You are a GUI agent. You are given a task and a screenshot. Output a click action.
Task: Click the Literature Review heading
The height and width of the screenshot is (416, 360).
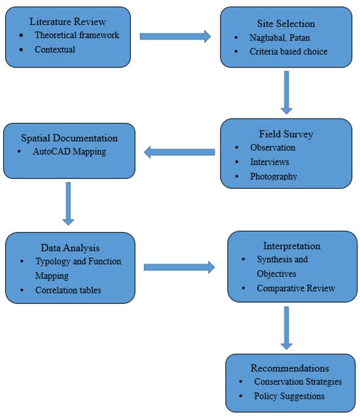point(68,22)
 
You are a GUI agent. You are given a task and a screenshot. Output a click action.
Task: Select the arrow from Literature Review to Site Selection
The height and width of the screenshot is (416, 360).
point(175,36)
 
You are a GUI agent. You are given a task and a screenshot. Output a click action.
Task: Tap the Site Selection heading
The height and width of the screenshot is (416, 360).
point(286,24)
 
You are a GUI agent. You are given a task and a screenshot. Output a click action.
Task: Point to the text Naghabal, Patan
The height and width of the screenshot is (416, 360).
point(279,38)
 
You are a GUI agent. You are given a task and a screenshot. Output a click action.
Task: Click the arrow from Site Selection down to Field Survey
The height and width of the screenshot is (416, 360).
point(286,92)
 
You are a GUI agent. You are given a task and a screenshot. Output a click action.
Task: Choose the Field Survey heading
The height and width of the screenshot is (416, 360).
point(286,134)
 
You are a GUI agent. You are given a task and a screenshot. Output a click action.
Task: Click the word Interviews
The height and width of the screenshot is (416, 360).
point(270,162)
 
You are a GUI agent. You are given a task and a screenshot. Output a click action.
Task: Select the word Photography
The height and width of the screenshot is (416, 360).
point(274,176)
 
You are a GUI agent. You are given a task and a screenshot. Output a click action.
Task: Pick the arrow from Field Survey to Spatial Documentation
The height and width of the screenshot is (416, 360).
point(179,152)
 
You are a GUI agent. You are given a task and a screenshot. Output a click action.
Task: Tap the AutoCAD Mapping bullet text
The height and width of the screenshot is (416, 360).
point(69,151)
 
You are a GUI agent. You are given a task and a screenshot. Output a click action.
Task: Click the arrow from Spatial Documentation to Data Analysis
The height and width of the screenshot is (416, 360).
point(68,204)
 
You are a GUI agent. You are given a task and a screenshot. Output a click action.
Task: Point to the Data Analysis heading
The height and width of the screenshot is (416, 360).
point(70,248)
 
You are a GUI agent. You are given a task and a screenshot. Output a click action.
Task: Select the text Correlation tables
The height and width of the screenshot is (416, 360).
point(68,290)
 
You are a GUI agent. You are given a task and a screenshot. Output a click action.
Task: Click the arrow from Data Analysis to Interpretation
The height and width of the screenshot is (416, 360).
point(179,267)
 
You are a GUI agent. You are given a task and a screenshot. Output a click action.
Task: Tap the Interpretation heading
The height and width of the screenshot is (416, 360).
point(292,246)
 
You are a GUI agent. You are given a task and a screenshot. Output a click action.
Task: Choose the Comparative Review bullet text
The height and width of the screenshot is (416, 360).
point(296,288)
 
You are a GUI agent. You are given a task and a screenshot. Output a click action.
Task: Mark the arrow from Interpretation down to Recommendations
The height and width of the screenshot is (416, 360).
point(286,328)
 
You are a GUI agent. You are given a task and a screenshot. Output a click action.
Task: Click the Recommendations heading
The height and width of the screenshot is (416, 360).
point(290,368)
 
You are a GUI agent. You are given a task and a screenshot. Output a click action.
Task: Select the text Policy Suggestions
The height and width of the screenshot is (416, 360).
point(289,396)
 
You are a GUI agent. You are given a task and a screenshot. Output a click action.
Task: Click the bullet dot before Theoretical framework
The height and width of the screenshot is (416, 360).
point(21,35)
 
